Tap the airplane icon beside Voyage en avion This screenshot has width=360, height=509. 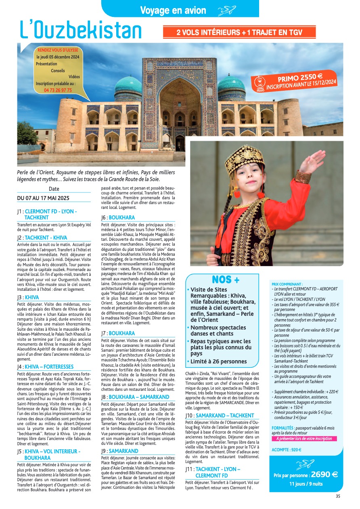coord(226,11)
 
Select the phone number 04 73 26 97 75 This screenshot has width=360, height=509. coord(58,90)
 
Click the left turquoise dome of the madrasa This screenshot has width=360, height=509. coord(128,84)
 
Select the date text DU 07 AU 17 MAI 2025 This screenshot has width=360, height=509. coord(43,198)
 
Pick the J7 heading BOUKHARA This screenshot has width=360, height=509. coord(121,333)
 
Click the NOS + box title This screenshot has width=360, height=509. coord(225,280)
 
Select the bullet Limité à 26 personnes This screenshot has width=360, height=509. coord(218,361)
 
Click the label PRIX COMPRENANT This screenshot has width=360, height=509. coord(287,284)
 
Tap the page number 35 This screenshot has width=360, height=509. coord(338,496)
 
